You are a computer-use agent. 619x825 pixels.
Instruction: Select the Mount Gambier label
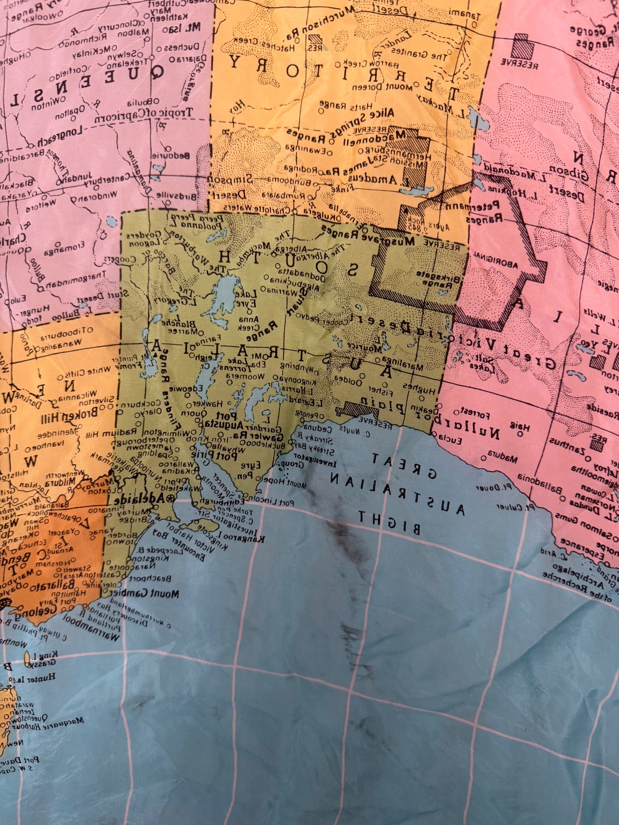146,593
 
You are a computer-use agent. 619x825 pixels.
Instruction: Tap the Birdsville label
176,196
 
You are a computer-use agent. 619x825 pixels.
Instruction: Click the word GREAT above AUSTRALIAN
404,466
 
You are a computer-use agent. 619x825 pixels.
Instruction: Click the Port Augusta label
223,420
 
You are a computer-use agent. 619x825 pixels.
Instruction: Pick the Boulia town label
143,101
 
